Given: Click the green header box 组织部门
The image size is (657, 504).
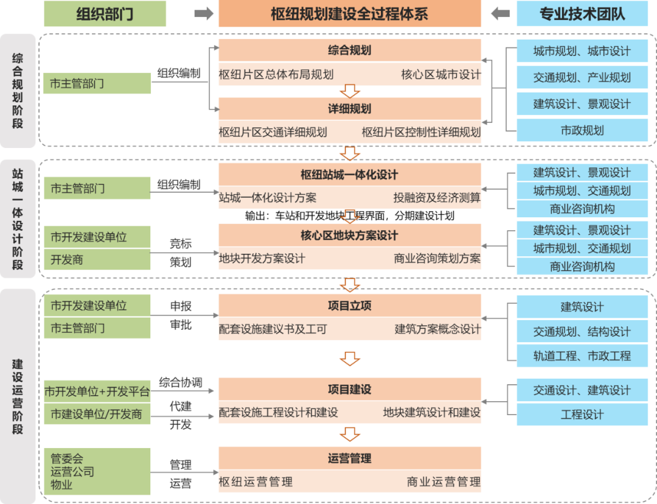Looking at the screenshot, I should click(x=105, y=13).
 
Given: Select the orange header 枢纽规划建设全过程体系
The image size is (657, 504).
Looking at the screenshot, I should click(x=349, y=13).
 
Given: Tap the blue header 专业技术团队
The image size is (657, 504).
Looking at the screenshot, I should click(x=582, y=13).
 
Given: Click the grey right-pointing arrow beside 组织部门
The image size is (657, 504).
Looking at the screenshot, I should click(x=204, y=13).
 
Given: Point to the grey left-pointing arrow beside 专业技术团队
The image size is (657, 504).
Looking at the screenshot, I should click(x=499, y=13).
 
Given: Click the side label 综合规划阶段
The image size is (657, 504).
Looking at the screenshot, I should click(x=18, y=90).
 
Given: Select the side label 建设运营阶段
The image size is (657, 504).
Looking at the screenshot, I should click(x=18, y=396).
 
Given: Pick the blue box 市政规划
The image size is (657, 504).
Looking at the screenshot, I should click(x=582, y=130).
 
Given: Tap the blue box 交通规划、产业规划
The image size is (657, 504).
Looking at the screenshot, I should click(x=582, y=78).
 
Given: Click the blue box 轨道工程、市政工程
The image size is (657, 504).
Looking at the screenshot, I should click(x=582, y=356).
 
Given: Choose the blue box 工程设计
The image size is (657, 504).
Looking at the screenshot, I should click(x=582, y=415).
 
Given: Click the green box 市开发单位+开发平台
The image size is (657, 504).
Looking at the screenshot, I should click(x=97, y=391).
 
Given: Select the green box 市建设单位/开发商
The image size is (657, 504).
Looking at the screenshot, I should click(x=97, y=415).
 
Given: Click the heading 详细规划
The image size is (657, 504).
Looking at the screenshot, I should click(x=349, y=109).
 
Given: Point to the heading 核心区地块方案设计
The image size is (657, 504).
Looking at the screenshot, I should click(x=349, y=236).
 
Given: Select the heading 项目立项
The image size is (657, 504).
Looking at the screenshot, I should click(x=349, y=306).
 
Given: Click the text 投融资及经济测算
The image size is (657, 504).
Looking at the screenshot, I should click(x=437, y=198).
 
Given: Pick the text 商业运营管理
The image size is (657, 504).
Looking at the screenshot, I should click(x=443, y=482).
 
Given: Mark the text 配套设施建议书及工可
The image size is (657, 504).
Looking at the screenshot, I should click(x=273, y=329).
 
